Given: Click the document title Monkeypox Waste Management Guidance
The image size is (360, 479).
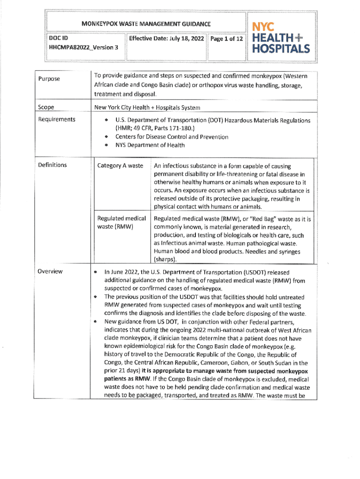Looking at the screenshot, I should pos(146,23).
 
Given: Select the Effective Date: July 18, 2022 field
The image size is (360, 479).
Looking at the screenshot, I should pos(166,38).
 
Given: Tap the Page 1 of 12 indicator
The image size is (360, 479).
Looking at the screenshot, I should pos(226,38).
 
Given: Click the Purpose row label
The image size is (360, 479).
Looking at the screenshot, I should pos(49,79).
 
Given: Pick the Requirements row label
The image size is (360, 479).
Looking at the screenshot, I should pos(57,119).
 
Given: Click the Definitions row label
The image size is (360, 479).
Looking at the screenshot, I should pos(53,165).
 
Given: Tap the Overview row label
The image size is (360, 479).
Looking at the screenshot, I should pos(51,272).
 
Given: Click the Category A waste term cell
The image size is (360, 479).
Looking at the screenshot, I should pos(120,166).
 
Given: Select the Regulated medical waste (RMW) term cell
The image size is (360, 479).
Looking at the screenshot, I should pos(122,223).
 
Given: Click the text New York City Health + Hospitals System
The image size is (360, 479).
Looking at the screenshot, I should pos(147,108).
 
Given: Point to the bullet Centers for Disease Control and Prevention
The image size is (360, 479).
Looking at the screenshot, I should pos(172,137).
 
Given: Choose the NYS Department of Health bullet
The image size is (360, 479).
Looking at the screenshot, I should pos(150,145).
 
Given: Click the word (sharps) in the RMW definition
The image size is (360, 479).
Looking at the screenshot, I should pos(166,259).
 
